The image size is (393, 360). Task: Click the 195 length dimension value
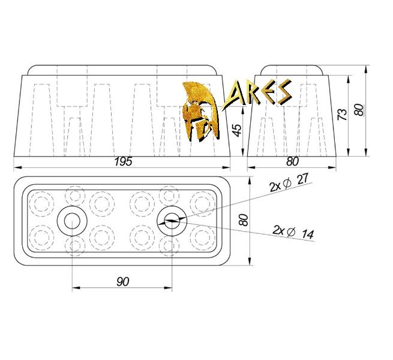coord(123,161)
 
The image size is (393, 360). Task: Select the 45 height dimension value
coord(238,130)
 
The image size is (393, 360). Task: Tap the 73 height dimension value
coord(343,115)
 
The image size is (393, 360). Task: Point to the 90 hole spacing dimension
coord(123,282)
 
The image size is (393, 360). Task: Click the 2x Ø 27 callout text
coord(289,182)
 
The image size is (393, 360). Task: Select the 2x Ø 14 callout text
coord(293,232)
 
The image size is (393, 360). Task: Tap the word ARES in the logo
coord(257,95)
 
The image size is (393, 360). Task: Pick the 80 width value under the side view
coord(292,161)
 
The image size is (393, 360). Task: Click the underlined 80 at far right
coord(359,110)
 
